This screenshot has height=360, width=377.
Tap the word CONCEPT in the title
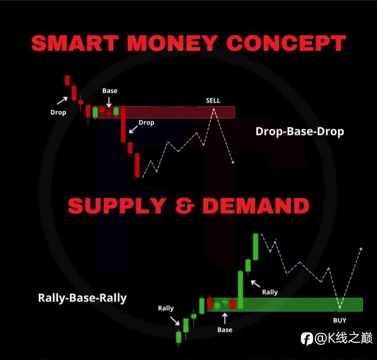click(x=286, y=43)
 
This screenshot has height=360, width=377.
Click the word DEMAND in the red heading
click(x=256, y=206)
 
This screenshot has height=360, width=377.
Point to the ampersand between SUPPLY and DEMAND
click(x=184, y=206)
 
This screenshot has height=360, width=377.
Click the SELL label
click(x=213, y=100)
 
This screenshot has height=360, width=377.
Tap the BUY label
click(x=340, y=320)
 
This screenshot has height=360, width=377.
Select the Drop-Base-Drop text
click(x=300, y=131)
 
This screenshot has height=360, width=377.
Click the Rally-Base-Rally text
click(x=82, y=298)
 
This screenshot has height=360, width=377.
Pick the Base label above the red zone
click(x=110, y=91)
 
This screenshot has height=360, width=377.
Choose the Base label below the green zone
click(x=225, y=330)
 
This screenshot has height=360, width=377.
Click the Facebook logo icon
click(x=307, y=339)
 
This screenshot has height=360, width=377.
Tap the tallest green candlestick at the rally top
click(x=256, y=247)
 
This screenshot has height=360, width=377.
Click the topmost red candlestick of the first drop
click(x=67, y=80)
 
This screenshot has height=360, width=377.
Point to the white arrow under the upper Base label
click(x=109, y=102)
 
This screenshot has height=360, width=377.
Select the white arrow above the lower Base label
click(x=225, y=318)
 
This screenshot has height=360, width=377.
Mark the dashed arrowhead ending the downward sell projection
click(x=232, y=162)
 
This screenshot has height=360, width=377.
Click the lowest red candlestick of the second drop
click(x=137, y=165)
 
